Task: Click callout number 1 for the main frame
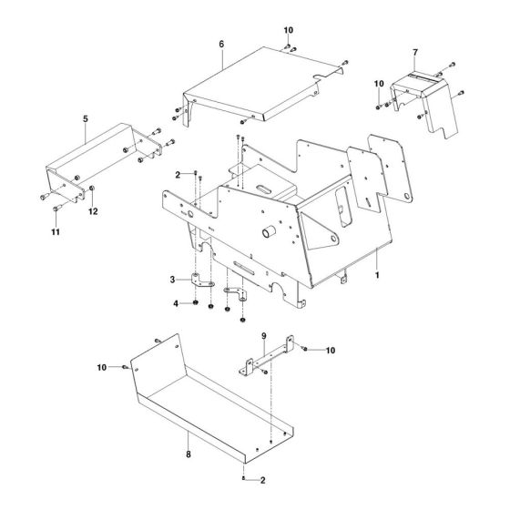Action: point(376,272)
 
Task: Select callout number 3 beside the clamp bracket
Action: point(170,280)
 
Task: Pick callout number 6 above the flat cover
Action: point(221,43)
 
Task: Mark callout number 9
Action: point(264,337)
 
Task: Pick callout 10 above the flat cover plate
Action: point(289,32)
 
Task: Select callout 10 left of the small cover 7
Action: point(379,85)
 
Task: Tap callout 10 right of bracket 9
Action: point(331,350)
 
